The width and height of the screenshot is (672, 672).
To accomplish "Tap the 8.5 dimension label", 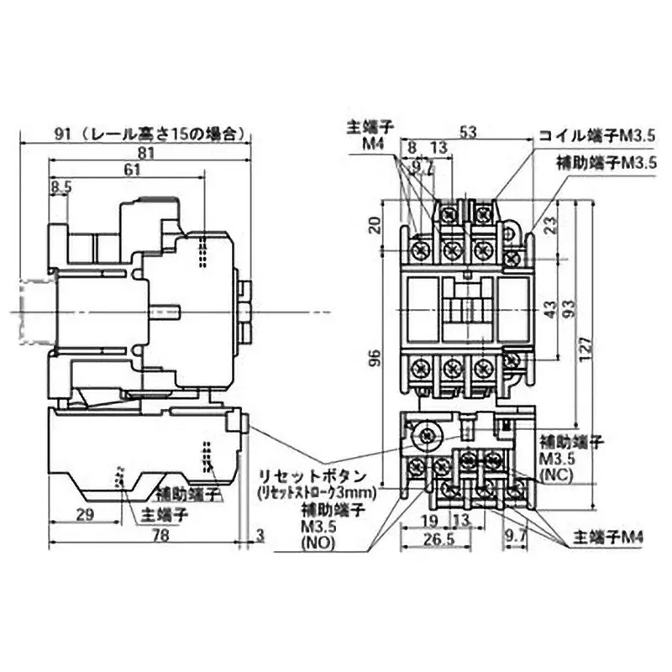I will point(60,187).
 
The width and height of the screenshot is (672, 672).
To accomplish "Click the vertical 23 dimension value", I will point(551,225).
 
